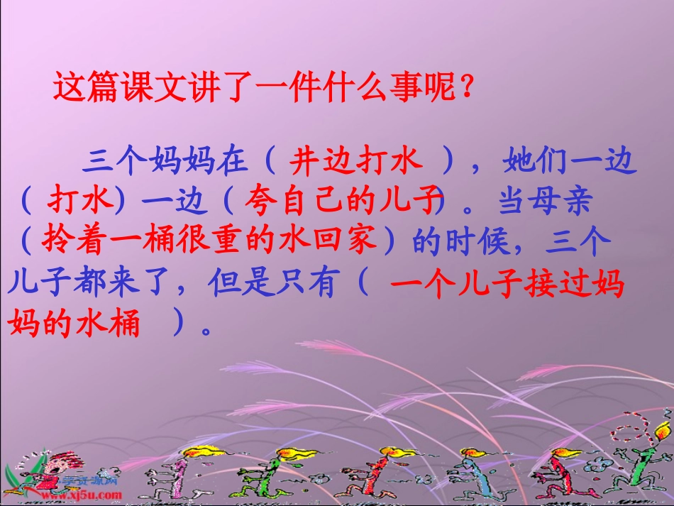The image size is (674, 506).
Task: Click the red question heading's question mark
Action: (x=465, y=89)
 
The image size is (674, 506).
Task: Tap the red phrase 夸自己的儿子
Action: (x=340, y=203)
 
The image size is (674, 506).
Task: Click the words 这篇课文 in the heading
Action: (x=117, y=89)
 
